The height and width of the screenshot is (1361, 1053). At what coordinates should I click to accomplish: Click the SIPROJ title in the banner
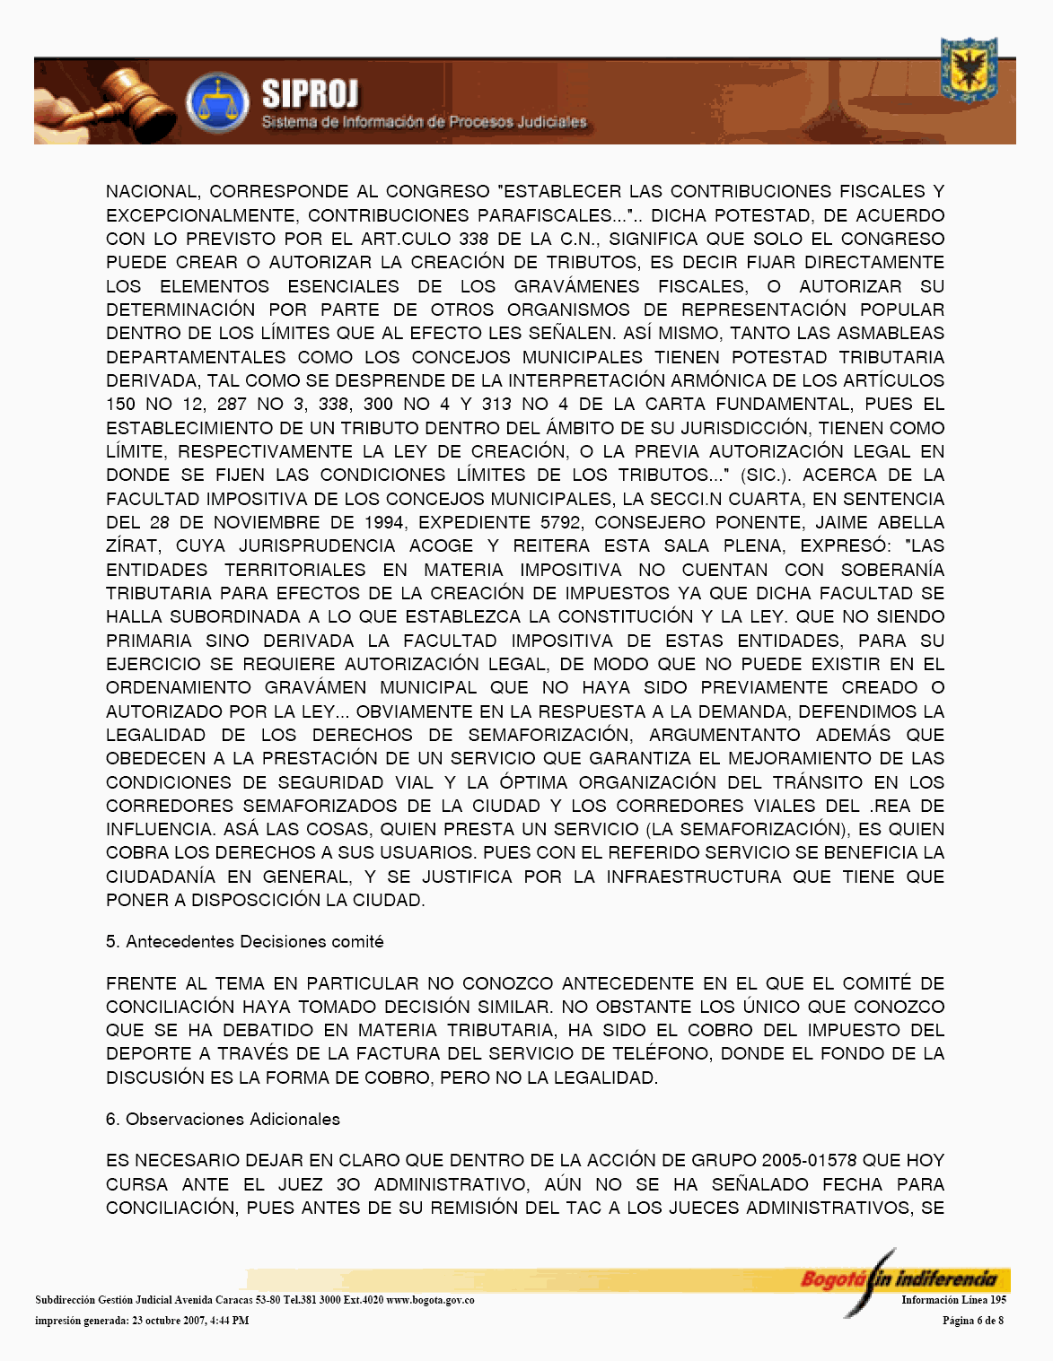coord(310,94)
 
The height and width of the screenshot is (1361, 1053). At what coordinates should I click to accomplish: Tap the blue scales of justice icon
coord(216,103)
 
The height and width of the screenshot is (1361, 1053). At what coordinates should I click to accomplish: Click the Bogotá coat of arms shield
coord(969,70)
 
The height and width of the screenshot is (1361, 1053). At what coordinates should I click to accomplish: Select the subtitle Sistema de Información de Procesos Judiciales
coord(424,122)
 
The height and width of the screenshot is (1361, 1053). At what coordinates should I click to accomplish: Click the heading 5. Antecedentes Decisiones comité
coord(244,942)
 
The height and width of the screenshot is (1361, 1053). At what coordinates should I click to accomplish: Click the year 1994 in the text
coord(383,522)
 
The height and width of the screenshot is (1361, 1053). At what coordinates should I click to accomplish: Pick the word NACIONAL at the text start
coord(152,192)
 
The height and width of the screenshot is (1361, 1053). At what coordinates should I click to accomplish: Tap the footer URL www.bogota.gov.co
coord(430,1300)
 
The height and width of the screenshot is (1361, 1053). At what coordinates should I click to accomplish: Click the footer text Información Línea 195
coord(953,1300)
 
